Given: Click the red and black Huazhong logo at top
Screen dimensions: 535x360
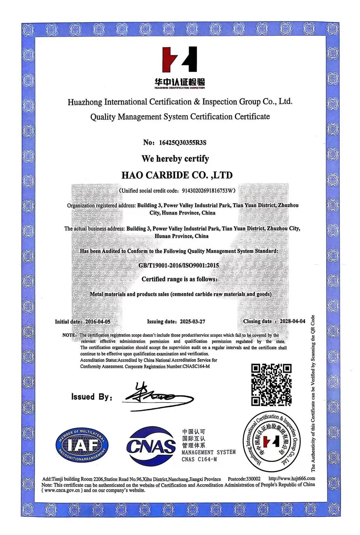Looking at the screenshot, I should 180,60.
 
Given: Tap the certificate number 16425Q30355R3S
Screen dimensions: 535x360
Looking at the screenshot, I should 183,143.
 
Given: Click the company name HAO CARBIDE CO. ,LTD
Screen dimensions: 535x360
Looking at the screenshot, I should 177,175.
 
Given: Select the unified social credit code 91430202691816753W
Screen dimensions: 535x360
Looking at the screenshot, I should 207,191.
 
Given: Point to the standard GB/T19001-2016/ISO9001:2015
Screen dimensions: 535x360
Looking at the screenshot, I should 179,265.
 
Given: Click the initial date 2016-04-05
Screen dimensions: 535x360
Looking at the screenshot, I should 98,321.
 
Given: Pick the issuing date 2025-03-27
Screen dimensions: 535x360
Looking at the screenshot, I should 192,322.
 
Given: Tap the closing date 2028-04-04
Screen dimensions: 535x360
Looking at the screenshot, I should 292,321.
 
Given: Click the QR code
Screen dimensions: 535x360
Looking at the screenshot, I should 271,385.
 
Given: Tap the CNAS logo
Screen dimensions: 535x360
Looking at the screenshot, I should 151,446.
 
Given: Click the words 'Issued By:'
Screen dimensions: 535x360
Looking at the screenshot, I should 91,397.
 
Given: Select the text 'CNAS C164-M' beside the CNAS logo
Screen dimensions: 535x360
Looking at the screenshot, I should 199,459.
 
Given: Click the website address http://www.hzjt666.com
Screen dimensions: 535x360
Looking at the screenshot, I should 292,478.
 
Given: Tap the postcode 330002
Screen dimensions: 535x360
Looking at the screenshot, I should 253,479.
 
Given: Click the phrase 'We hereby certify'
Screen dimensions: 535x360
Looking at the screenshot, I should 175,158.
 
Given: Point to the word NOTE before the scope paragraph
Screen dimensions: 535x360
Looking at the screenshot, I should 69,335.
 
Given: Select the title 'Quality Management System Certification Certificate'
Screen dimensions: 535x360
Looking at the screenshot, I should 180,117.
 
